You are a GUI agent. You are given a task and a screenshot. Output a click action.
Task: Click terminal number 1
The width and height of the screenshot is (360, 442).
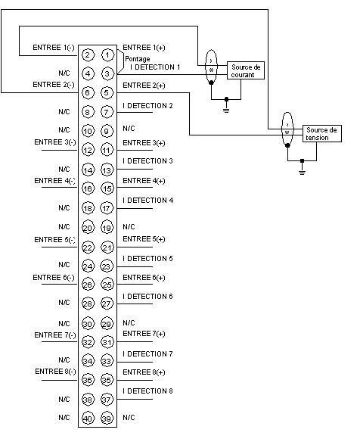coord(107,55)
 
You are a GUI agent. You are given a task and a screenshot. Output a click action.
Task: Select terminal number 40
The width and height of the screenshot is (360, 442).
coord(88,419)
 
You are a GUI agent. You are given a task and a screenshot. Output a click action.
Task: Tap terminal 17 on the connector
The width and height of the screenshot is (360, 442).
coord(107,208)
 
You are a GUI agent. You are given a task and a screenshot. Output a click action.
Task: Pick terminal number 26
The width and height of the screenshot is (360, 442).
coord(88,285)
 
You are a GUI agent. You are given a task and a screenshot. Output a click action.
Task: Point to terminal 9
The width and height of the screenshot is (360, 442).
coord(107,131)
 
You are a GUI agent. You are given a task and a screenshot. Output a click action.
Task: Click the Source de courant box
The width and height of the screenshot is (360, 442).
coord(246,70)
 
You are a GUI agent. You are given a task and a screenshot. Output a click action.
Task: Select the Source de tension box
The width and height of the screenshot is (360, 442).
coord(322,134)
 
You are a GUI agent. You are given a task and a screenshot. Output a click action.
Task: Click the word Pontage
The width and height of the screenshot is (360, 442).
coord(138,59)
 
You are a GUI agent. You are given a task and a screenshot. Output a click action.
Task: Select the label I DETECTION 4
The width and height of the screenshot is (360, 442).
coord(148,201)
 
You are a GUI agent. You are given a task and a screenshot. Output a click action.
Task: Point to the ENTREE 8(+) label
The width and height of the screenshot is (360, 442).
coord(144,372)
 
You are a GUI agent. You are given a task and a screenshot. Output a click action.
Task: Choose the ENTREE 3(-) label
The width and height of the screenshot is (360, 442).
coord(55,142)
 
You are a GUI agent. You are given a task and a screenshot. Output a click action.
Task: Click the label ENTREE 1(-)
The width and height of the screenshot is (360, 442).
coord(54,48)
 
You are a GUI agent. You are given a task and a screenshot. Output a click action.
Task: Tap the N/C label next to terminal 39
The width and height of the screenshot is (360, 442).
coord(129,418)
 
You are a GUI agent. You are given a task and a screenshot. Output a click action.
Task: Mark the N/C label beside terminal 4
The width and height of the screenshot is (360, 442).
coord(64,73)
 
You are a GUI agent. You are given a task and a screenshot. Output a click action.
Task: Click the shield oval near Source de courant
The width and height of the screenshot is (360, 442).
coord(211,67)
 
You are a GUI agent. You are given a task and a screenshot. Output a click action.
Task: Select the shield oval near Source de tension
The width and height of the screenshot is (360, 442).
coord(287,129)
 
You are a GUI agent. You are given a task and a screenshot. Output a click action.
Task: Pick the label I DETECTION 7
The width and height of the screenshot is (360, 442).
coord(148,354)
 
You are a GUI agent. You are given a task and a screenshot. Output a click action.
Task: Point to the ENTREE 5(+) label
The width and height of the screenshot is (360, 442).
coord(144,239)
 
